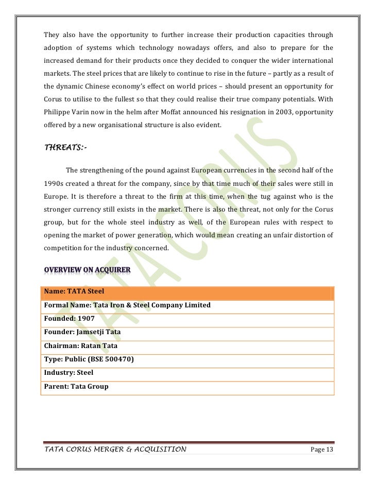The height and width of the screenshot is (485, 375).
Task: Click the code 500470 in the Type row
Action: pos(117,359)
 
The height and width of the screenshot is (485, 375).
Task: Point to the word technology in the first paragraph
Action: pos(151,48)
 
